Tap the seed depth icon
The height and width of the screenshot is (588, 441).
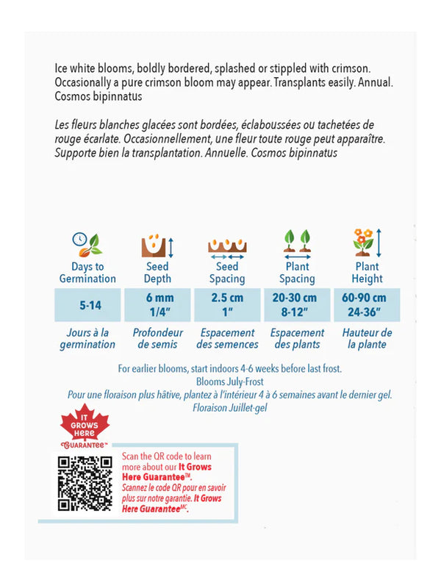(x=157, y=243)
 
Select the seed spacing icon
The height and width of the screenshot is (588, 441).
(x=227, y=245)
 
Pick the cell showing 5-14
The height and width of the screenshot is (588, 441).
(x=87, y=304)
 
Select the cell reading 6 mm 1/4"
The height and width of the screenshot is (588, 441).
(x=157, y=304)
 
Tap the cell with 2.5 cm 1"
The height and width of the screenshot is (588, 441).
(x=227, y=304)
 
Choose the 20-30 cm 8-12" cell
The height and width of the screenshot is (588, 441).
(x=297, y=304)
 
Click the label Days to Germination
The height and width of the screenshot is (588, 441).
(x=87, y=273)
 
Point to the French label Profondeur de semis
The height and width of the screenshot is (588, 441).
(x=157, y=338)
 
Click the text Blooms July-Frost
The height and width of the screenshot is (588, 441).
(x=231, y=382)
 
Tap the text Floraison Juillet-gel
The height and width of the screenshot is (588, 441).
(x=231, y=407)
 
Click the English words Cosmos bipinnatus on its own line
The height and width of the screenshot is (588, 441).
(x=98, y=96)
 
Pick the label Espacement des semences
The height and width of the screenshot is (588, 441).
(x=227, y=338)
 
